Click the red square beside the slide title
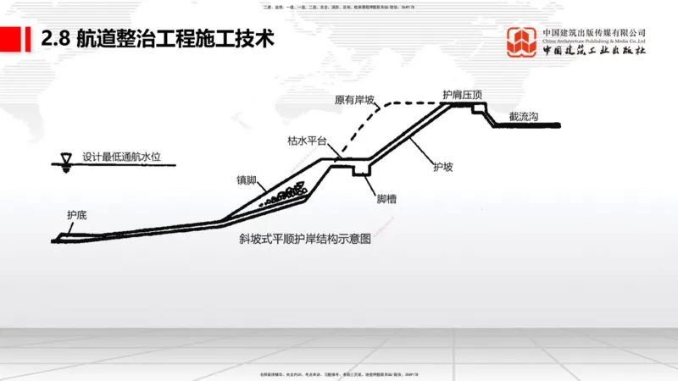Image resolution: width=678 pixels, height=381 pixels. click(x=11, y=38)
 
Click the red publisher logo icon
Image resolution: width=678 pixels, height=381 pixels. click(x=522, y=42)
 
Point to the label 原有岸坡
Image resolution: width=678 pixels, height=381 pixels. click(x=353, y=100)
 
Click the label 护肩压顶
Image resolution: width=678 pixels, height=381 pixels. click(x=463, y=95)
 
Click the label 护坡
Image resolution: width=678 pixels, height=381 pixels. click(x=442, y=167)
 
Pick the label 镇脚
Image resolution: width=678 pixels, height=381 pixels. click(x=247, y=180)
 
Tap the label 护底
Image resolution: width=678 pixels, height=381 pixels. click(x=77, y=215)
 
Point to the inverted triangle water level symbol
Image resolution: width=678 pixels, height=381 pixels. click(x=63, y=159)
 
